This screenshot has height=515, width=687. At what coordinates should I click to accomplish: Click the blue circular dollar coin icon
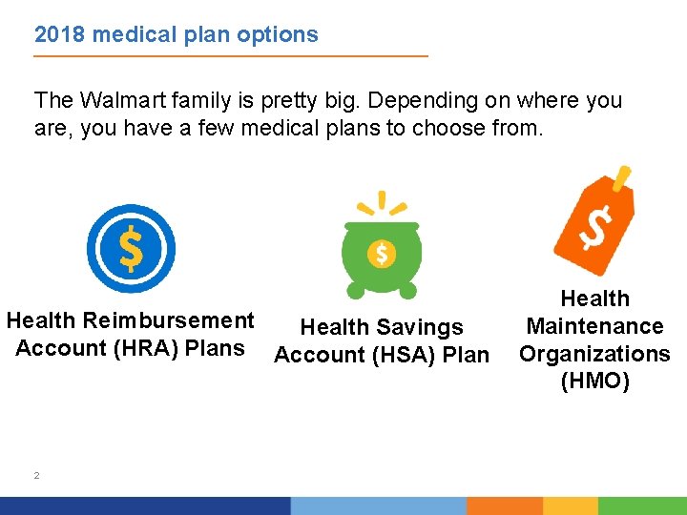pos(131,249)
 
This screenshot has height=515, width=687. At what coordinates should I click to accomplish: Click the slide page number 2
pos(36,475)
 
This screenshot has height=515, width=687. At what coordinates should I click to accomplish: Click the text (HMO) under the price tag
pos(594,381)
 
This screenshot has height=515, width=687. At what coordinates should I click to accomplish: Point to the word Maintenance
pos(594,326)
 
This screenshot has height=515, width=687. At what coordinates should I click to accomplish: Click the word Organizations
pos(594,354)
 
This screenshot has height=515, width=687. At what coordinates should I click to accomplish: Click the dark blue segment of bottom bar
pos(143,505)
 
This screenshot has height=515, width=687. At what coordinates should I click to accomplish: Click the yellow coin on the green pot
pos(382,254)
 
